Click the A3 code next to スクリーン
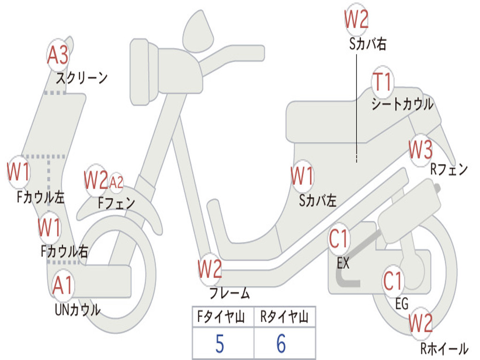[58, 55]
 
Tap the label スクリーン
[82, 77]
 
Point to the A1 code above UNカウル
[62, 285]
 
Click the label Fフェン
[116, 203]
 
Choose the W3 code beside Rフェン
[420, 150]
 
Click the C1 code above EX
[339, 239]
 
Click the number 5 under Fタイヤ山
[219, 344]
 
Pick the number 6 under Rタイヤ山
[281, 344]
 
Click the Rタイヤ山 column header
[284, 318]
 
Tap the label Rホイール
[444, 349]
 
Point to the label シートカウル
[402, 104]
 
